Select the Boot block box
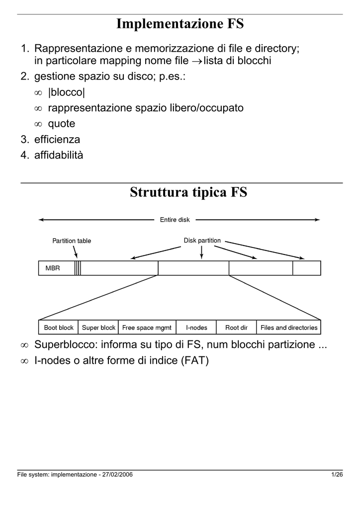click(59, 327)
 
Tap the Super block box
click(98, 327)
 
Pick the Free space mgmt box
click(147, 327)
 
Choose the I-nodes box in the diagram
click(196, 327)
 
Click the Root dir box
click(236, 327)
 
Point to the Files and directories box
click(288, 327)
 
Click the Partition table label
click(72, 241)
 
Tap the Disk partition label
click(202, 241)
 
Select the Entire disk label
click(175, 220)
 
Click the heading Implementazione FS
click(180, 24)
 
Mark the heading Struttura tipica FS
click(188, 192)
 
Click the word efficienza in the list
click(57, 139)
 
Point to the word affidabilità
click(59, 155)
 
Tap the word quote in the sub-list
click(62, 124)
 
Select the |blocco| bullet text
click(67, 92)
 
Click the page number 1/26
click(337, 475)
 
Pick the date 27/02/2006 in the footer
click(117, 475)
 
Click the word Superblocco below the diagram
click(66, 344)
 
